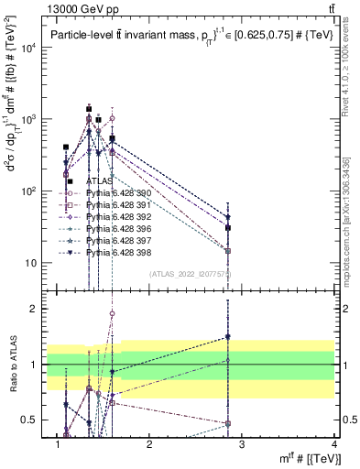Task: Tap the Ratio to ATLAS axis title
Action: pos(13,364)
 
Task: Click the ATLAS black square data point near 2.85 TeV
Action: pos(227,228)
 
